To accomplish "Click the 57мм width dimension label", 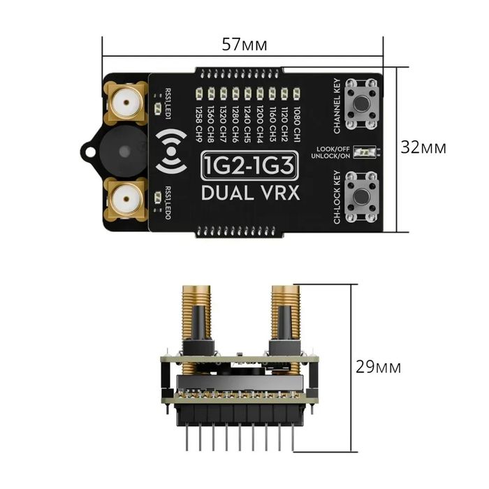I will (x=244, y=45).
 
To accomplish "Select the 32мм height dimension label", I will (x=423, y=148).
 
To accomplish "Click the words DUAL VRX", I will (x=251, y=193).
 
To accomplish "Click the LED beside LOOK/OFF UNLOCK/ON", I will (x=360, y=152).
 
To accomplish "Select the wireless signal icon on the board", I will (x=170, y=151).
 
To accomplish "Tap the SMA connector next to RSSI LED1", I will (x=125, y=103).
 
